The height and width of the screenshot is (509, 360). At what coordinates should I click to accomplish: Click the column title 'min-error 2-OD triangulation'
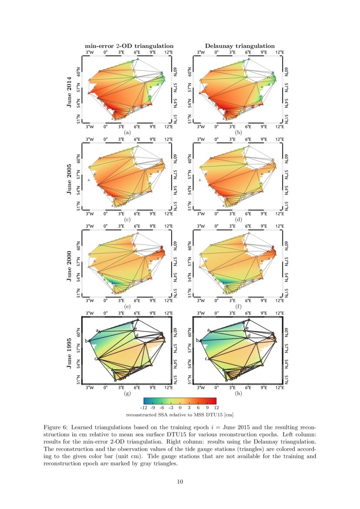129,46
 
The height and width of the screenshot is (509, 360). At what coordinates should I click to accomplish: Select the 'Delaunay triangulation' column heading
240,46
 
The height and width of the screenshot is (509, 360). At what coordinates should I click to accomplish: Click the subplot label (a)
128,131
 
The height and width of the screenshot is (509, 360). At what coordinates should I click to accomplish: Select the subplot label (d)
239,219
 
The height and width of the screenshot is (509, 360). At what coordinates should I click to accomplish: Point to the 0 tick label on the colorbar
180,408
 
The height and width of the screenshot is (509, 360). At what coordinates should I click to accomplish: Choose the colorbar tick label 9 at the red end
207,408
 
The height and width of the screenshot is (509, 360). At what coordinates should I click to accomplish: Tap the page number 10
180,481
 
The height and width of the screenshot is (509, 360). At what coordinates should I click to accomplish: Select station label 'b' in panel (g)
86,340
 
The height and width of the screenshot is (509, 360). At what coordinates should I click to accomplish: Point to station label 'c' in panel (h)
206,359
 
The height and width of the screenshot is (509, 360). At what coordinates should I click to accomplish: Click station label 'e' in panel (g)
136,328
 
